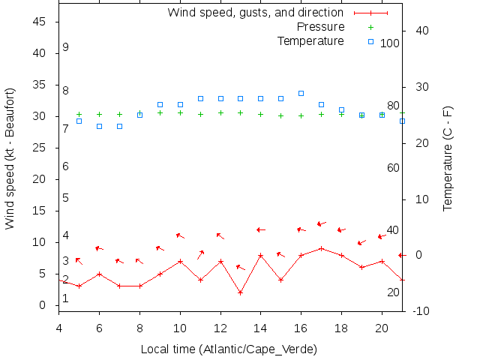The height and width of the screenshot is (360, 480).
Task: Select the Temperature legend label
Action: tap(310, 40)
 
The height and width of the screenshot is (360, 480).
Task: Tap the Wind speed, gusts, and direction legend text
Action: tap(255, 13)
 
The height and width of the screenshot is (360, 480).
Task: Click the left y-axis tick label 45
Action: tap(40, 22)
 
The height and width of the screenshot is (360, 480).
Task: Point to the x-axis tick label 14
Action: tap(260, 328)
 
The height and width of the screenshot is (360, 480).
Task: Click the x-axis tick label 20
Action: tap(382, 328)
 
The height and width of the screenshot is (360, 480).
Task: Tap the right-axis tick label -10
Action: tap(421, 310)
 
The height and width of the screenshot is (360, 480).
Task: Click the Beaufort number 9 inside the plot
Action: tap(66, 47)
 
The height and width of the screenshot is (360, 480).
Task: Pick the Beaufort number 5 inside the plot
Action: tap(66, 198)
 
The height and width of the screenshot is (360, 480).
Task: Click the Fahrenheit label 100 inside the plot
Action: tap(390, 43)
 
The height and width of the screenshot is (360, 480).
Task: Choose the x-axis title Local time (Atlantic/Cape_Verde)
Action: tap(229, 349)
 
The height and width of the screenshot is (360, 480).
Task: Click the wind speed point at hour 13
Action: tap(240, 292)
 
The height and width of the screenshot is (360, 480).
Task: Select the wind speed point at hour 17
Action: tap(321, 248)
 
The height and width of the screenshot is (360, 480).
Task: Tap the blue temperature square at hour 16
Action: tap(301, 93)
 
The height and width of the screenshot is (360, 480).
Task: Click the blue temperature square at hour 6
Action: tap(99, 126)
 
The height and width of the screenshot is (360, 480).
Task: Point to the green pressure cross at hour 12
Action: tap(220, 112)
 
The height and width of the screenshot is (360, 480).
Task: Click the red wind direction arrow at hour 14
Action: tap(261, 229)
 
